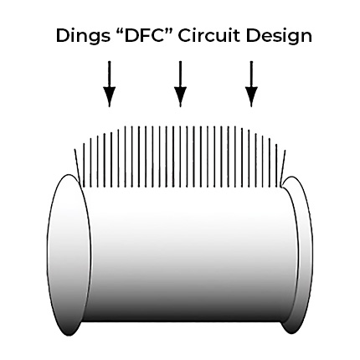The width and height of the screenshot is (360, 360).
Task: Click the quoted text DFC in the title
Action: click(x=137, y=35)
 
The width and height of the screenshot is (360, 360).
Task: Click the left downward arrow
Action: click(x=108, y=84)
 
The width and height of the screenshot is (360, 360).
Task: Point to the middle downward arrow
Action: click(x=180, y=84)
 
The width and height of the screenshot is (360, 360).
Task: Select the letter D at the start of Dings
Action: click(x=62, y=35)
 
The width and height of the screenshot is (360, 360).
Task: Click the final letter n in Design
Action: click(x=306, y=37)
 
